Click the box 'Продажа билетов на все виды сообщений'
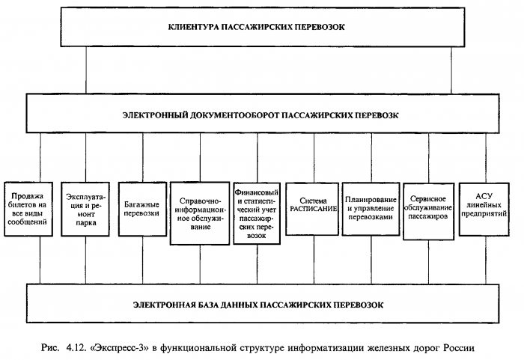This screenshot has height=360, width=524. coord(28,207)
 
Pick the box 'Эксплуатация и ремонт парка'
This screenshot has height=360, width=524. coord(85,208)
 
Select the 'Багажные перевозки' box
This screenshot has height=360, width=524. coord(142,207)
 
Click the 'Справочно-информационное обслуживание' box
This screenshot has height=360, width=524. coord(200,213)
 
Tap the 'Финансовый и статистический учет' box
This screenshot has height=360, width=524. coord(257,213)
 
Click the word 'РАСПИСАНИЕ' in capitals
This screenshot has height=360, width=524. coord(314,211)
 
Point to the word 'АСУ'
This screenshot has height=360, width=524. coord(484,197)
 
